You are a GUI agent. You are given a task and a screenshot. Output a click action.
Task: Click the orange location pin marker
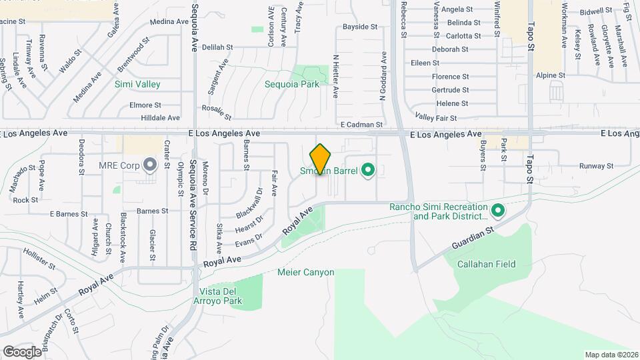pyautogui.click(x=321, y=159)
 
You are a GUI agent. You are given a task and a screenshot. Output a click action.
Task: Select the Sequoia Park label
pyautogui.click(x=292, y=84)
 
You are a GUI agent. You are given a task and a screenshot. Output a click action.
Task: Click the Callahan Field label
pyautogui.click(x=486, y=264)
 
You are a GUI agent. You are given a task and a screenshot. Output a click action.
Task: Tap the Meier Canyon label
pyautogui.click(x=305, y=272)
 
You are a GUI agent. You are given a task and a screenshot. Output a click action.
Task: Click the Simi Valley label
pyautogui.click(x=137, y=84)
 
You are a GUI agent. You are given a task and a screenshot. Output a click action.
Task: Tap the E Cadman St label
pyautogui.click(x=361, y=124)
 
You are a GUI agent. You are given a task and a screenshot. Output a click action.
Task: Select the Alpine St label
pyautogui.click(x=551, y=76)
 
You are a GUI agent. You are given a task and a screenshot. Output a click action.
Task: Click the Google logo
pyautogui.click(x=22, y=351)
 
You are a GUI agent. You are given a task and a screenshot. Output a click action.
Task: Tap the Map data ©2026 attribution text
pyautogui.click(x=610, y=354)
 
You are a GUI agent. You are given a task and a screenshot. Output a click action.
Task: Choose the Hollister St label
pyautogui.click(x=39, y=259)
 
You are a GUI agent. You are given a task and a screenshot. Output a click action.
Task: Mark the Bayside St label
pyautogui.click(x=360, y=27)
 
